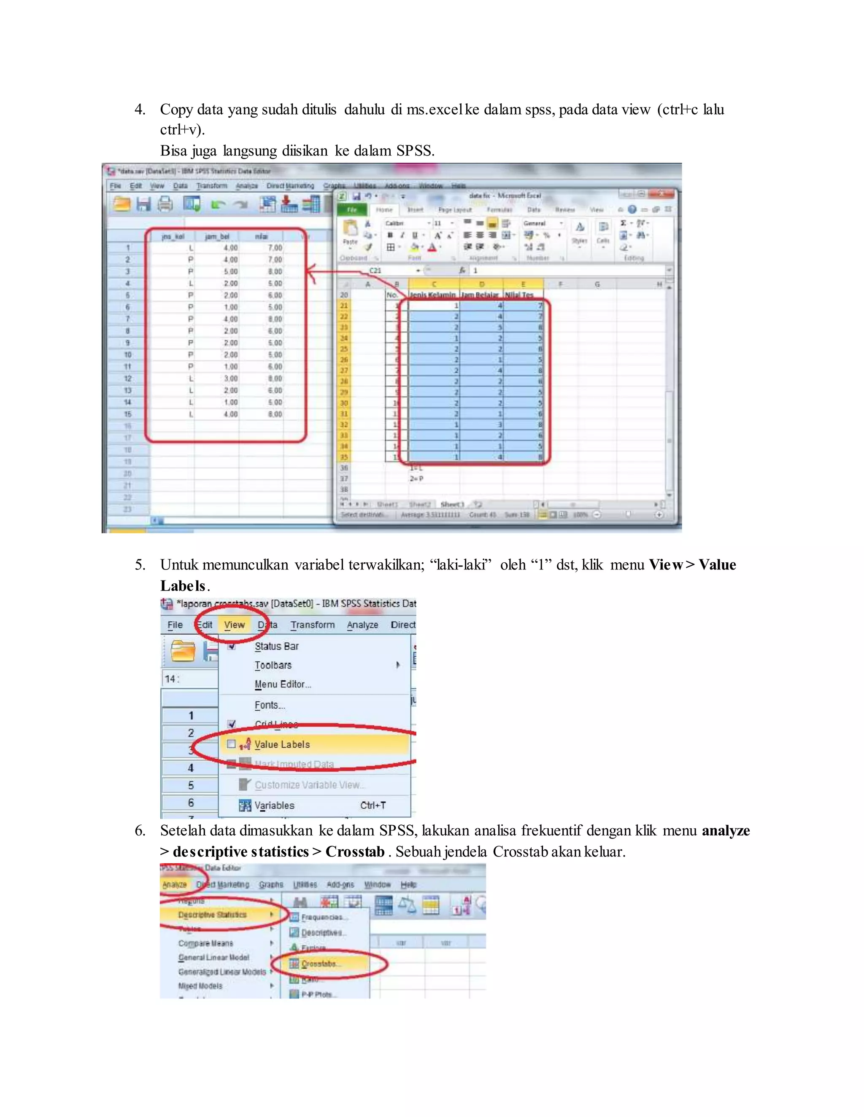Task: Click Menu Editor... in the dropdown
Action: pyautogui.click(x=283, y=684)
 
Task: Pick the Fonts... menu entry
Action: pyautogui.click(x=270, y=705)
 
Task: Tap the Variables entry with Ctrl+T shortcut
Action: pyautogui.click(x=274, y=806)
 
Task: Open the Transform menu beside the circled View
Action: pyautogui.click(x=312, y=625)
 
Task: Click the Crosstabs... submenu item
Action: pyautogui.click(x=319, y=964)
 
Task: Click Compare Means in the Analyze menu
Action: pyautogui.click(x=206, y=943)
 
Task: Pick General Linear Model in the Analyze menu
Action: pyautogui.click(x=213, y=957)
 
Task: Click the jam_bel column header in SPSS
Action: pyautogui.click(x=217, y=236)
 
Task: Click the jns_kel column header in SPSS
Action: pyautogui.click(x=173, y=236)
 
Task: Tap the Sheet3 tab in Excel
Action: pyautogui.click(x=452, y=504)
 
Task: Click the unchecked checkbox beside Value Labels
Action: pyautogui.click(x=231, y=744)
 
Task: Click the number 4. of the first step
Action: pyautogui.click(x=140, y=110)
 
